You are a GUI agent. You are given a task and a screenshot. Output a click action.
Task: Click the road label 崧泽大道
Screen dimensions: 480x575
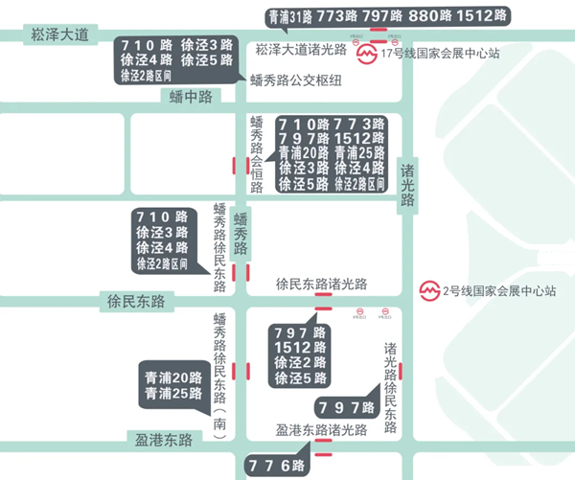pyautogui.click(x=58, y=35)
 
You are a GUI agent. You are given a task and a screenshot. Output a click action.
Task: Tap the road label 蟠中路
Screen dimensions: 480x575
pyautogui.click(x=189, y=96)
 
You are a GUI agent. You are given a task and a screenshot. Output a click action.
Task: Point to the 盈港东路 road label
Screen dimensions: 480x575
pyautogui.click(x=163, y=440)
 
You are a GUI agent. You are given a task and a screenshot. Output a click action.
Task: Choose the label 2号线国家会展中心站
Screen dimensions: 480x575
pyautogui.click(x=499, y=290)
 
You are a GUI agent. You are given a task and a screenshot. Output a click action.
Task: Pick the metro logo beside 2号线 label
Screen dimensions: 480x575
pyautogui.click(x=430, y=290)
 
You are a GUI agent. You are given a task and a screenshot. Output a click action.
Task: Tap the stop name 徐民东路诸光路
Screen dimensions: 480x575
pyautogui.click(x=321, y=285)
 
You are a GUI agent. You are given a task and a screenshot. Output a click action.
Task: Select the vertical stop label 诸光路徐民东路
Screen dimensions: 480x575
pyautogui.click(x=390, y=379)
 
